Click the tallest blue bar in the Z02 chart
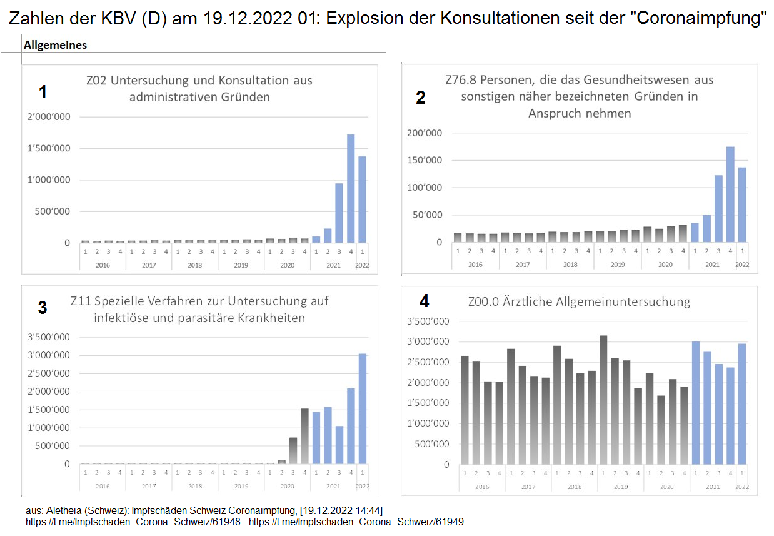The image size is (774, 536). click(x=350, y=188)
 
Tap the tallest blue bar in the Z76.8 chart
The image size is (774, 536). click(x=730, y=194)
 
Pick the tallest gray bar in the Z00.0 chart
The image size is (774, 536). click(x=603, y=400)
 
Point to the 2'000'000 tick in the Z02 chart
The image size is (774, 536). click(x=48, y=117)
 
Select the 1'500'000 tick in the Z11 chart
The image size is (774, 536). click(x=49, y=410)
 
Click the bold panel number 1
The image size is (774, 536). click(x=43, y=93)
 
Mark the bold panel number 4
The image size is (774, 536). click(x=425, y=301)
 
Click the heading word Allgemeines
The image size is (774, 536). click(x=55, y=45)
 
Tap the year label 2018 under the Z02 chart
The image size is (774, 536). click(x=195, y=265)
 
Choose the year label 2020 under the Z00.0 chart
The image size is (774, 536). click(x=666, y=487)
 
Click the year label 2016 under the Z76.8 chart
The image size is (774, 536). click(x=475, y=265)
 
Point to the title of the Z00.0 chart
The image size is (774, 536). click(x=579, y=302)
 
